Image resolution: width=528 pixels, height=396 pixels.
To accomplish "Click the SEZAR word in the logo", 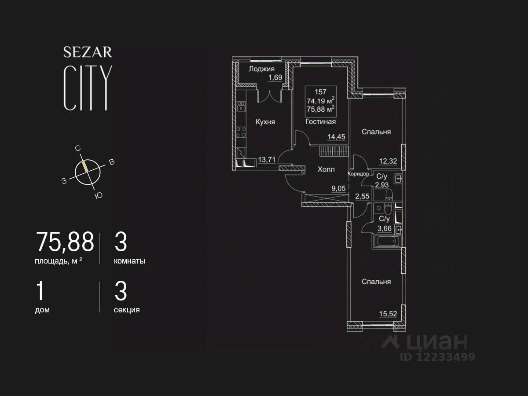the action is [88, 52].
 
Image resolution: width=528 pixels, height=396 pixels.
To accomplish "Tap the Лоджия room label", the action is [261, 69].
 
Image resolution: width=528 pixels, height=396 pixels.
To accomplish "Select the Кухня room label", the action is [265, 122].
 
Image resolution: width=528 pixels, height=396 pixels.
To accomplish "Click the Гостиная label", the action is [320, 122].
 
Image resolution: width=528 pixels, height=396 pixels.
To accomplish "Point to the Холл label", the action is [326, 169].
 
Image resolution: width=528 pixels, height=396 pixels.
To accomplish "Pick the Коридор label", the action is [359, 174].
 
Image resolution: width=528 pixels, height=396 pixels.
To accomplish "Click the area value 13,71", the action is [266, 160].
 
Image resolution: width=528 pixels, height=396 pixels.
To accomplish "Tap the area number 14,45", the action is [336, 137].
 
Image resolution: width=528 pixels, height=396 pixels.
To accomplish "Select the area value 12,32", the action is [388, 161].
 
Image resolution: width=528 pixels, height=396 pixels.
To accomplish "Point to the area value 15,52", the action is [388, 314].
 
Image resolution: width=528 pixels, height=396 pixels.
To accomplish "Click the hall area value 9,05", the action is [338, 189].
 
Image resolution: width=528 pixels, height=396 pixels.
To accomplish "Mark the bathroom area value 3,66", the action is [384, 228].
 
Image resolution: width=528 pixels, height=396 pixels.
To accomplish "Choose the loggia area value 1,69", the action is [275, 78].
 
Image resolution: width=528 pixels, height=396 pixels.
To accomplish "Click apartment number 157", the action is [320, 92].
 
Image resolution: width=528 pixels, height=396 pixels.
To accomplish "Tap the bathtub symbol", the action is [387, 242].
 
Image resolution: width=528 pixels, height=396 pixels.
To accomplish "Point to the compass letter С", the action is [77, 149].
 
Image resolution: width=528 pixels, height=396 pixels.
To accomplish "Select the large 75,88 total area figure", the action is [65, 242].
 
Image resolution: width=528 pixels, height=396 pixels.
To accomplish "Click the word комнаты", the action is [129, 261].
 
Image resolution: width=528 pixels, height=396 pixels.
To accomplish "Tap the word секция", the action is [127, 310].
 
